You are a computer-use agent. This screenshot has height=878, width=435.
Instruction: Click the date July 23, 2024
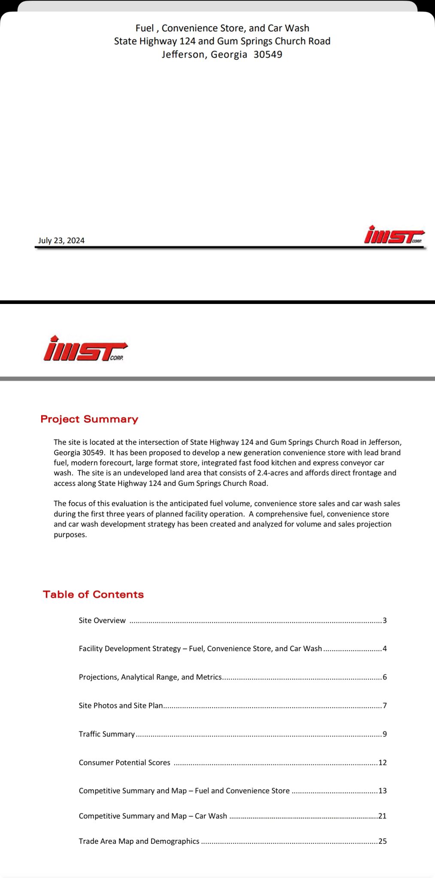coord(61,241)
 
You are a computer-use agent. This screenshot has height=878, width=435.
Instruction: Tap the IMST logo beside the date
coord(394,235)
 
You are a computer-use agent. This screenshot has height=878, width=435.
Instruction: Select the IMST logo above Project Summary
coord(85,349)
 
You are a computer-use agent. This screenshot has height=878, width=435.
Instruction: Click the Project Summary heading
coord(89,419)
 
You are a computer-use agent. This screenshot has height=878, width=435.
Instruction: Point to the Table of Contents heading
coord(93,594)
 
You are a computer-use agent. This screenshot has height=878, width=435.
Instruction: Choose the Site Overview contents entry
coord(102,620)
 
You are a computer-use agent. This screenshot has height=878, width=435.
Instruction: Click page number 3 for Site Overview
coord(385,620)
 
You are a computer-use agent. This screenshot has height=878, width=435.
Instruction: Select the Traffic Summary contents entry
coord(107,734)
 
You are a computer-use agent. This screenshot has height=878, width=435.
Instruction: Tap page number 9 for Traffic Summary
coord(385,734)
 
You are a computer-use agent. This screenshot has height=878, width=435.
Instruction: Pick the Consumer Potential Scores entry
coord(124,763)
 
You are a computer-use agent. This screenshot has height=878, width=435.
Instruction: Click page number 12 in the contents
coord(383,763)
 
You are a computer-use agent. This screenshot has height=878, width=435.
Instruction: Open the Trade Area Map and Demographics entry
coord(139,841)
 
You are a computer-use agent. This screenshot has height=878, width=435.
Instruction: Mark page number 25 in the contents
coord(383,841)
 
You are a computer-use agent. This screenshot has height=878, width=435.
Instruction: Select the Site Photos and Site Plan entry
coord(121,706)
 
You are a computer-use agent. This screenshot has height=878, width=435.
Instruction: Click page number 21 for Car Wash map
coord(383,816)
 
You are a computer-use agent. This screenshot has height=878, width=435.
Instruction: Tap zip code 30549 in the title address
coord(268,54)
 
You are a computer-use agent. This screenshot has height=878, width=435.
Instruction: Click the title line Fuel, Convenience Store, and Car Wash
coord(222,28)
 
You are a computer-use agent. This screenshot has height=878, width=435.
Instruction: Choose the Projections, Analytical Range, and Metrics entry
coord(150,677)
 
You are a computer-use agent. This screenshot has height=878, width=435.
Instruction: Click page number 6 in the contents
coord(385,677)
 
